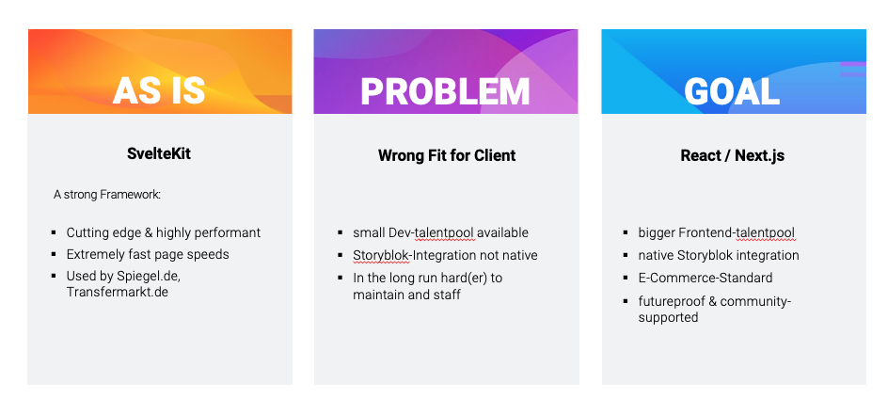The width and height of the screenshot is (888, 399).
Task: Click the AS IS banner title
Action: [x=159, y=90]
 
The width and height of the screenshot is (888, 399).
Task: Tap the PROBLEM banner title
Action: [x=445, y=91]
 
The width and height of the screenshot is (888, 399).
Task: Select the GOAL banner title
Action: [x=732, y=91]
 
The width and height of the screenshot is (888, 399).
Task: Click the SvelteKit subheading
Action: [x=159, y=153]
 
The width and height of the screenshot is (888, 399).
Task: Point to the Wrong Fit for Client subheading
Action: [x=447, y=155]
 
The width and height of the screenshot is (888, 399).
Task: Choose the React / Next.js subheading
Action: [x=732, y=155]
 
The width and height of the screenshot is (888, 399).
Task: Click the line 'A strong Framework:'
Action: [x=107, y=195]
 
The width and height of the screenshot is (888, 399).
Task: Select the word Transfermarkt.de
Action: [x=118, y=292]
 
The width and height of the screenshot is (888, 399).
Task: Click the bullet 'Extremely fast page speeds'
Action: [x=148, y=254]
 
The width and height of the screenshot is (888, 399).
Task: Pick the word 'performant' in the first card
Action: [x=230, y=233]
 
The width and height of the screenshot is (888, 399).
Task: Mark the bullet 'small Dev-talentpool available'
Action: [x=440, y=233]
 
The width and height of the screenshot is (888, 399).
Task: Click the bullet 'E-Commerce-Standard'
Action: [x=706, y=278]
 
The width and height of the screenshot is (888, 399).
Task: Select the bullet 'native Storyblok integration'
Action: [x=719, y=255]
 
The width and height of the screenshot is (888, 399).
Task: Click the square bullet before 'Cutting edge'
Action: [x=54, y=232]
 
